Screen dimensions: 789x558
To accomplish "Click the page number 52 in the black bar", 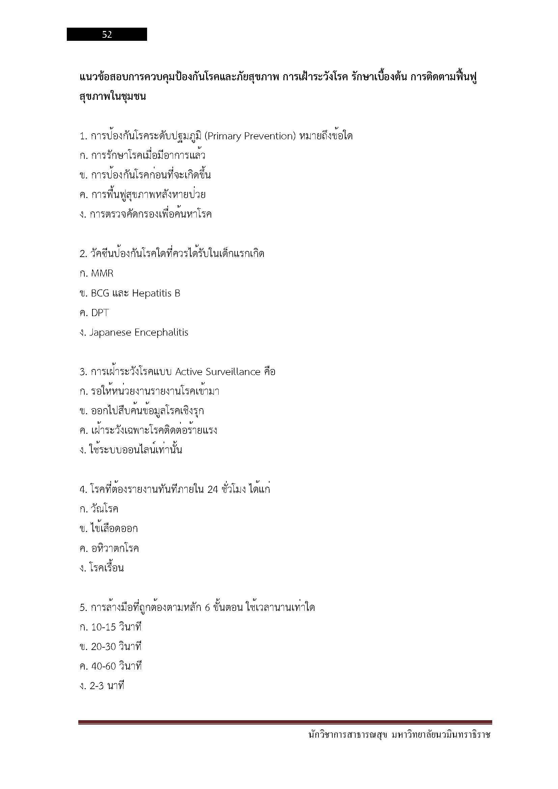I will point(107,34).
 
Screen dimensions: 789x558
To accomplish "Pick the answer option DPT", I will point(100,313).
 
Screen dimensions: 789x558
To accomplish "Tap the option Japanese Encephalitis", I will point(138,333).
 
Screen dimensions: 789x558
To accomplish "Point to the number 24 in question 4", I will point(213,489).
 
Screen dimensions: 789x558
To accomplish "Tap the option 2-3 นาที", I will point(107,686).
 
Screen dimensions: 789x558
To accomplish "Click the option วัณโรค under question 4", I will point(105,509).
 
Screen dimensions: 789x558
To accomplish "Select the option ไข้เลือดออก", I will point(114,529).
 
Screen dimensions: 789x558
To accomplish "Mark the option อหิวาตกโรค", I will point(115,548).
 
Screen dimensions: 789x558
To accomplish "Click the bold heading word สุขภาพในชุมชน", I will point(112,96).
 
